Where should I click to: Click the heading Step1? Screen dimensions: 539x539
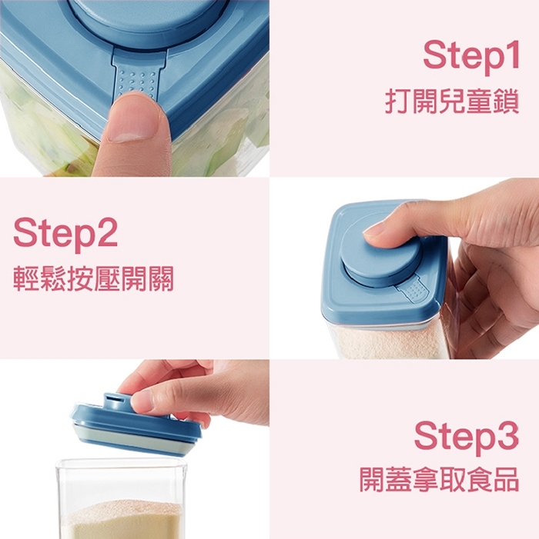[470, 55]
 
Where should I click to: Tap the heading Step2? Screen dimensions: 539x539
[65, 232]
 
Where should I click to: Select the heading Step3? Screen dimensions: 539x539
[466, 438]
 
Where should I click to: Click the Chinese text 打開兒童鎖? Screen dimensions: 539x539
[452, 101]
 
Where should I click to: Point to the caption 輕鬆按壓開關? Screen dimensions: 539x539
[93, 278]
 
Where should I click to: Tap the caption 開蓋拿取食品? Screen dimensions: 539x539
[439, 479]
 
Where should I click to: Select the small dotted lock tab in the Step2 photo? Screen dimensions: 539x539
[415, 291]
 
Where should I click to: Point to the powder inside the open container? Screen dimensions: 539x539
[123, 520]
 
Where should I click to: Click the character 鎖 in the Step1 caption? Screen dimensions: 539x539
[506, 101]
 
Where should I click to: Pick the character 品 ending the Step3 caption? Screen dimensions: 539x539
[506, 479]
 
